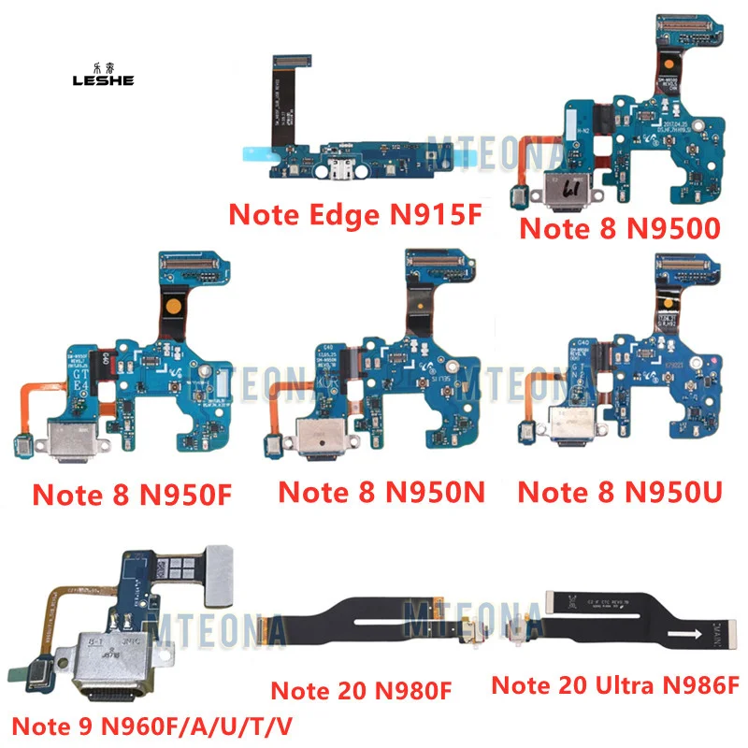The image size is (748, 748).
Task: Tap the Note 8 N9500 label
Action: [620, 227]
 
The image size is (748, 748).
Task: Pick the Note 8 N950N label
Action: [382, 491]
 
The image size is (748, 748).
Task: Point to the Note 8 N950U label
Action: [619, 491]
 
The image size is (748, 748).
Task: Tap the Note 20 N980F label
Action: [361, 691]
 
